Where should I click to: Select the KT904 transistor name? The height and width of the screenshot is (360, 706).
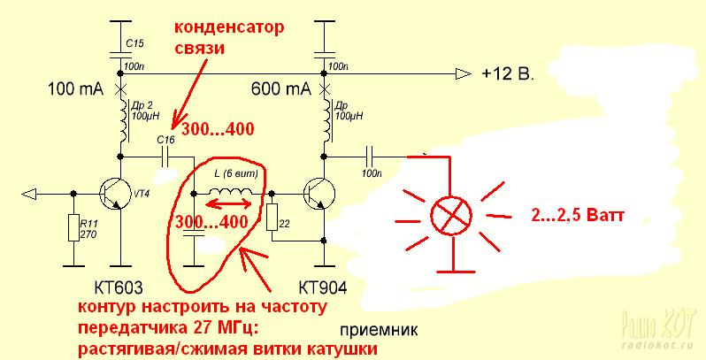click(323, 289)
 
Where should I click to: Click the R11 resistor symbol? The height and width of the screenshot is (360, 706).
click(73, 229)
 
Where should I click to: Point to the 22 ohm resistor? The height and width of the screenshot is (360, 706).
click(272, 218)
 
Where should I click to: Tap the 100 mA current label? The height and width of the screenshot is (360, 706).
click(76, 89)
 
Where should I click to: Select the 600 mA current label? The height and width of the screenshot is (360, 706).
click(281, 89)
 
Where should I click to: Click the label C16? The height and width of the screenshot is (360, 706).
click(165, 140)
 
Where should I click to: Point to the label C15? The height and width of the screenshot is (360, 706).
click(134, 42)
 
